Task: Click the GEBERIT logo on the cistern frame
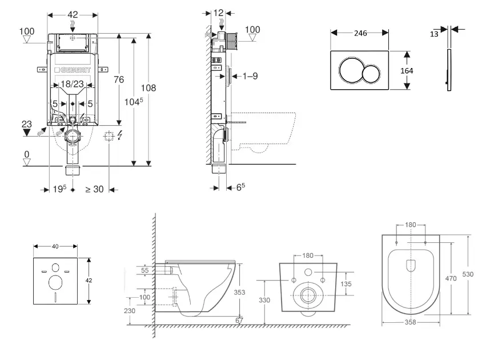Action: (73, 70)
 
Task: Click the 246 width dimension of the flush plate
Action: (360, 33)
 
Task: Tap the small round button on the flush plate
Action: (371, 74)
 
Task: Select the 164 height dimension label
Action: (407, 71)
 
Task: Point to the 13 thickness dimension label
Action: (434, 34)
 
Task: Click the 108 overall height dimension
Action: (148, 88)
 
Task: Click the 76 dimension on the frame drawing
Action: (119, 79)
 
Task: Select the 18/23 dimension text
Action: (72, 84)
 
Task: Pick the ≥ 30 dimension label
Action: (95, 189)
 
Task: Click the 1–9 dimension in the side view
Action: (250, 76)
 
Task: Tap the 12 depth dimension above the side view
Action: (219, 13)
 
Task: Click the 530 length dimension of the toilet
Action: (468, 274)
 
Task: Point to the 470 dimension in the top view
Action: (451, 278)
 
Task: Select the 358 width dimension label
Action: (411, 322)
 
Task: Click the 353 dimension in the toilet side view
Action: (240, 292)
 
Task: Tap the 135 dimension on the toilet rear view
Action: (346, 284)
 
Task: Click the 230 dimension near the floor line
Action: (130, 311)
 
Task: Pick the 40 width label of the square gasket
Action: (55, 246)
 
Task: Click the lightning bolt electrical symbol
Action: (121, 135)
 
